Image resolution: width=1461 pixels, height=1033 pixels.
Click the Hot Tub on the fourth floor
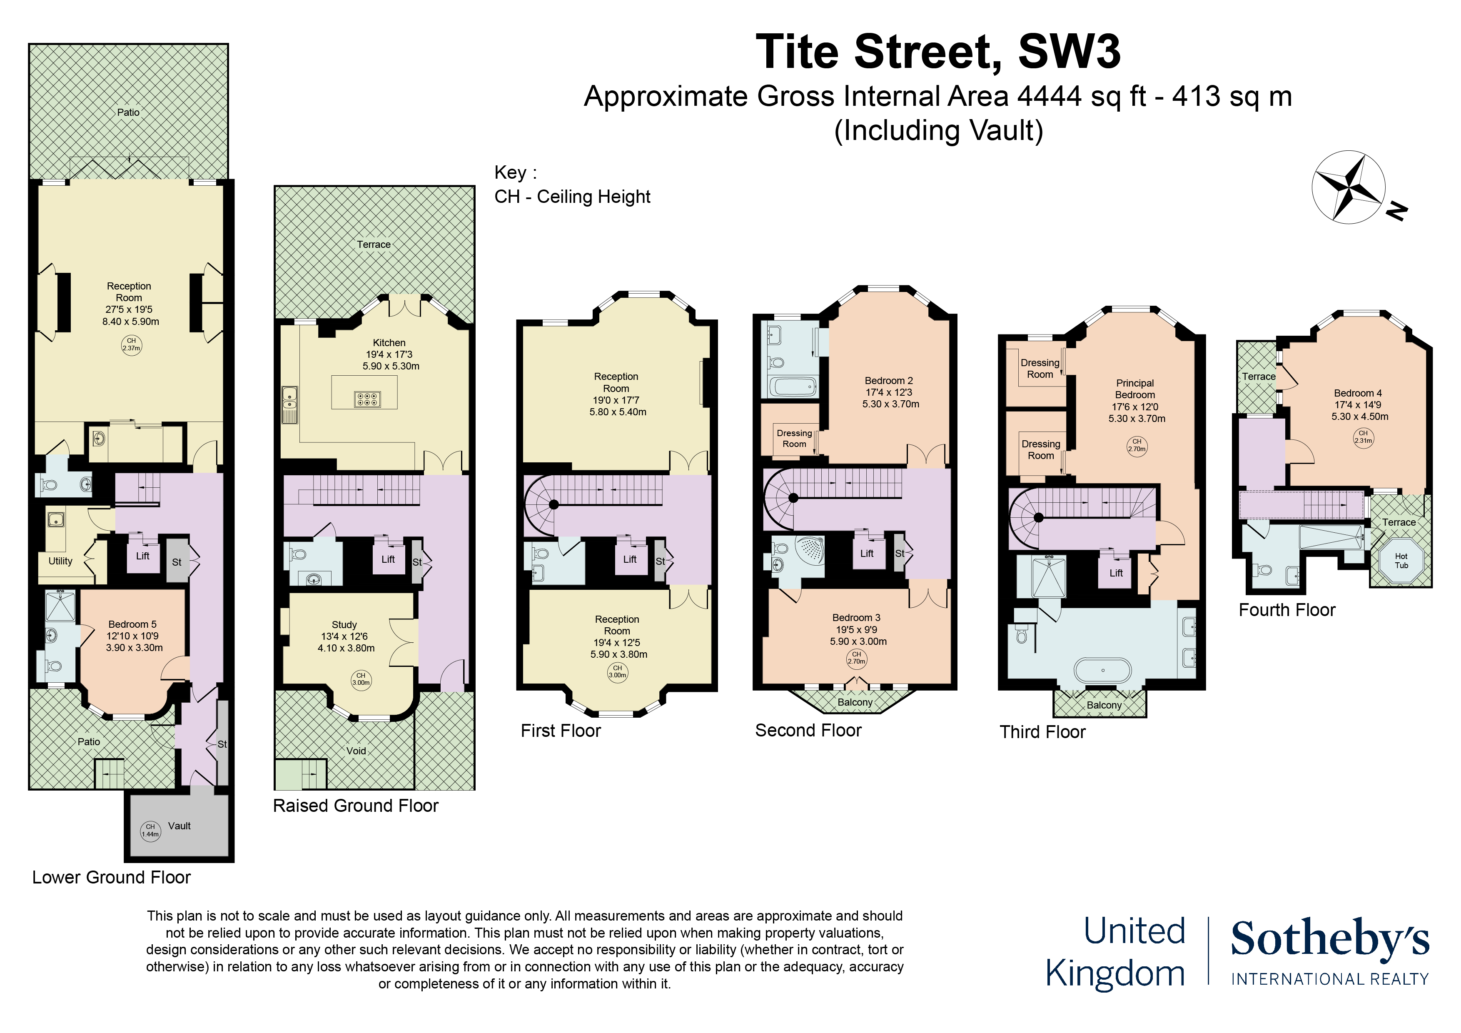1401,561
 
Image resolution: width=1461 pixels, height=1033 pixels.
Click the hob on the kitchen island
368,399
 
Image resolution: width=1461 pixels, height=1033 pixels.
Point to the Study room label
344,625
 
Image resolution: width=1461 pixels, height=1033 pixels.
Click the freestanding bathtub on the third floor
1103,670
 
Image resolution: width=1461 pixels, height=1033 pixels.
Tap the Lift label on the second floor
867,554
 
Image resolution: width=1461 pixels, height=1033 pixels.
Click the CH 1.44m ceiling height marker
150,831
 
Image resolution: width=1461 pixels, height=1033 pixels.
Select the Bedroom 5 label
132,624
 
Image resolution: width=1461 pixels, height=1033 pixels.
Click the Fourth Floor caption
1286,610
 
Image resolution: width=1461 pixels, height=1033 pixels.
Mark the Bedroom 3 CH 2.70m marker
857,658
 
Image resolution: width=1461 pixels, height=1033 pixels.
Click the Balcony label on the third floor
1104,705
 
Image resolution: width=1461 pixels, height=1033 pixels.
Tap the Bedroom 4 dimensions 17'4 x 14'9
1358,405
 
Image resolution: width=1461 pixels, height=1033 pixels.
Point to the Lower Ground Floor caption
111,878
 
